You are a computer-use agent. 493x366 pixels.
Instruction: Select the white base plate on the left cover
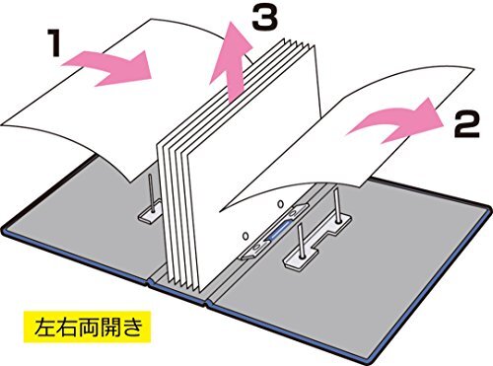[x=148, y=209]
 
